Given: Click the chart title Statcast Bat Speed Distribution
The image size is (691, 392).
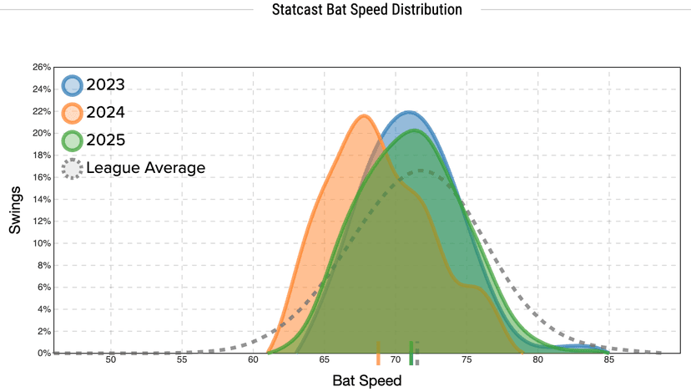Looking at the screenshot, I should pos(366,10).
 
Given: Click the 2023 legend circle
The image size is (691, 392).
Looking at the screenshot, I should pos(73,85).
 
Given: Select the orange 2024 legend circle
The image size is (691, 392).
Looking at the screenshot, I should pos(73,113).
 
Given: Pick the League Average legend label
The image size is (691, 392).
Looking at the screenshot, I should pos(145,168).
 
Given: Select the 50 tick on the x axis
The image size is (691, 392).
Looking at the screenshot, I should pos(111,361).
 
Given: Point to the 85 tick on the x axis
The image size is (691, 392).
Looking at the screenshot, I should pos(609,361).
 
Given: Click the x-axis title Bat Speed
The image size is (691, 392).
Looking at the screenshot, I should pos(366,380).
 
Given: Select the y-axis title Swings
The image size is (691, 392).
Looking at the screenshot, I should pos(16,211).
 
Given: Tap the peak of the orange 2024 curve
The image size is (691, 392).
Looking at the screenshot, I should pos(364,116).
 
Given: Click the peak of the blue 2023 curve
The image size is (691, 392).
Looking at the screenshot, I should pos(409,112).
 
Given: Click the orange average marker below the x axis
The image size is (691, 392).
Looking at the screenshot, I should pos(378,354).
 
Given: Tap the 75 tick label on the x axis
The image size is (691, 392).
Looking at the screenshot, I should pos(467,361).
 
